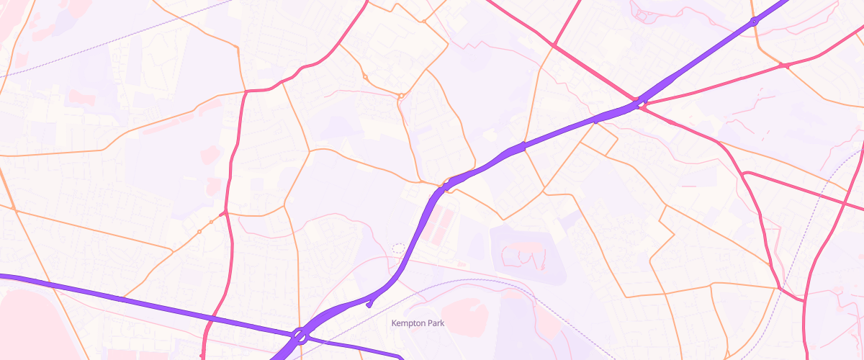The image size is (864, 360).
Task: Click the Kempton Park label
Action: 418,323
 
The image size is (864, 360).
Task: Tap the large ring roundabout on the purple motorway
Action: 300,336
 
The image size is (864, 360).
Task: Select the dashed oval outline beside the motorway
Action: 398,248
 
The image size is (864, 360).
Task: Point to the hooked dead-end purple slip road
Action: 369,303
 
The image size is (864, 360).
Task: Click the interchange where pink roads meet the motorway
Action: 637,102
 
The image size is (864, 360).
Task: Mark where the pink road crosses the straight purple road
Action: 213,318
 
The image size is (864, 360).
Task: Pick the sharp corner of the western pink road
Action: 246,91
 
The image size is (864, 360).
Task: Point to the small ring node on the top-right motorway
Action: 754,22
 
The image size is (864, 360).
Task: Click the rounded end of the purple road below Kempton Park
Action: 402,356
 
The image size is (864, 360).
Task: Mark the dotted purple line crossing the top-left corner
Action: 108,43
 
